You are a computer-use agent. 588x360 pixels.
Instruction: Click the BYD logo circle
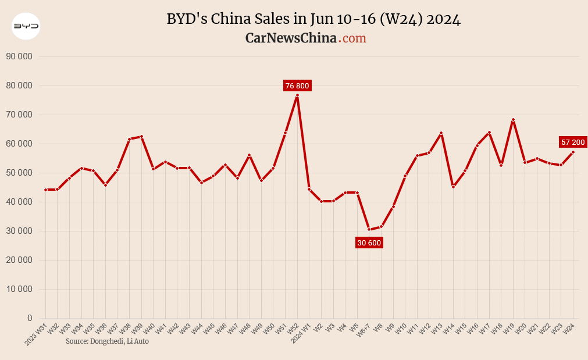click(x=26, y=26)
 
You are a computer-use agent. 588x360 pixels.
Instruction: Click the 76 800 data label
click(x=297, y=86)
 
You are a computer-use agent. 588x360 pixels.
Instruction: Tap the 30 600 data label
click(x=369, y=243)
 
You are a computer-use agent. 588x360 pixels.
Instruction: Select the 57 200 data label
click(x=573, y=142)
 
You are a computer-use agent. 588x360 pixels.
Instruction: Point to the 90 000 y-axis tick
click(x=19, y=56)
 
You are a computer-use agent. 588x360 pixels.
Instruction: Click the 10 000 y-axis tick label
click(x=19, y=289)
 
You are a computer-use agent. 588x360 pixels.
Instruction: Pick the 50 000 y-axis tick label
click(x=19, y=173)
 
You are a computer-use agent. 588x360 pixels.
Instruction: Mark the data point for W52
click(x=297, y=95)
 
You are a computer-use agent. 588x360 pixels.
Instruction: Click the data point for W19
click(x=513, y=120)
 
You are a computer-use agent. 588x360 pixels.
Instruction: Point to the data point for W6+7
click(x=369, y=229)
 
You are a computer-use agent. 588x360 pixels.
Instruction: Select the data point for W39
click(x=141, y=137)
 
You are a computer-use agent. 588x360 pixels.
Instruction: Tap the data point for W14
click(x=453, y=187)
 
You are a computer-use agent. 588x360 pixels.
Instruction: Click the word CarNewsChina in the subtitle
click(x=291, y=38)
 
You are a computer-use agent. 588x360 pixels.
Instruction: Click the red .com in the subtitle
click(x=353, y=38)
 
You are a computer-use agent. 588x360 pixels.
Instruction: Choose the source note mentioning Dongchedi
click(x=107, y=341)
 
